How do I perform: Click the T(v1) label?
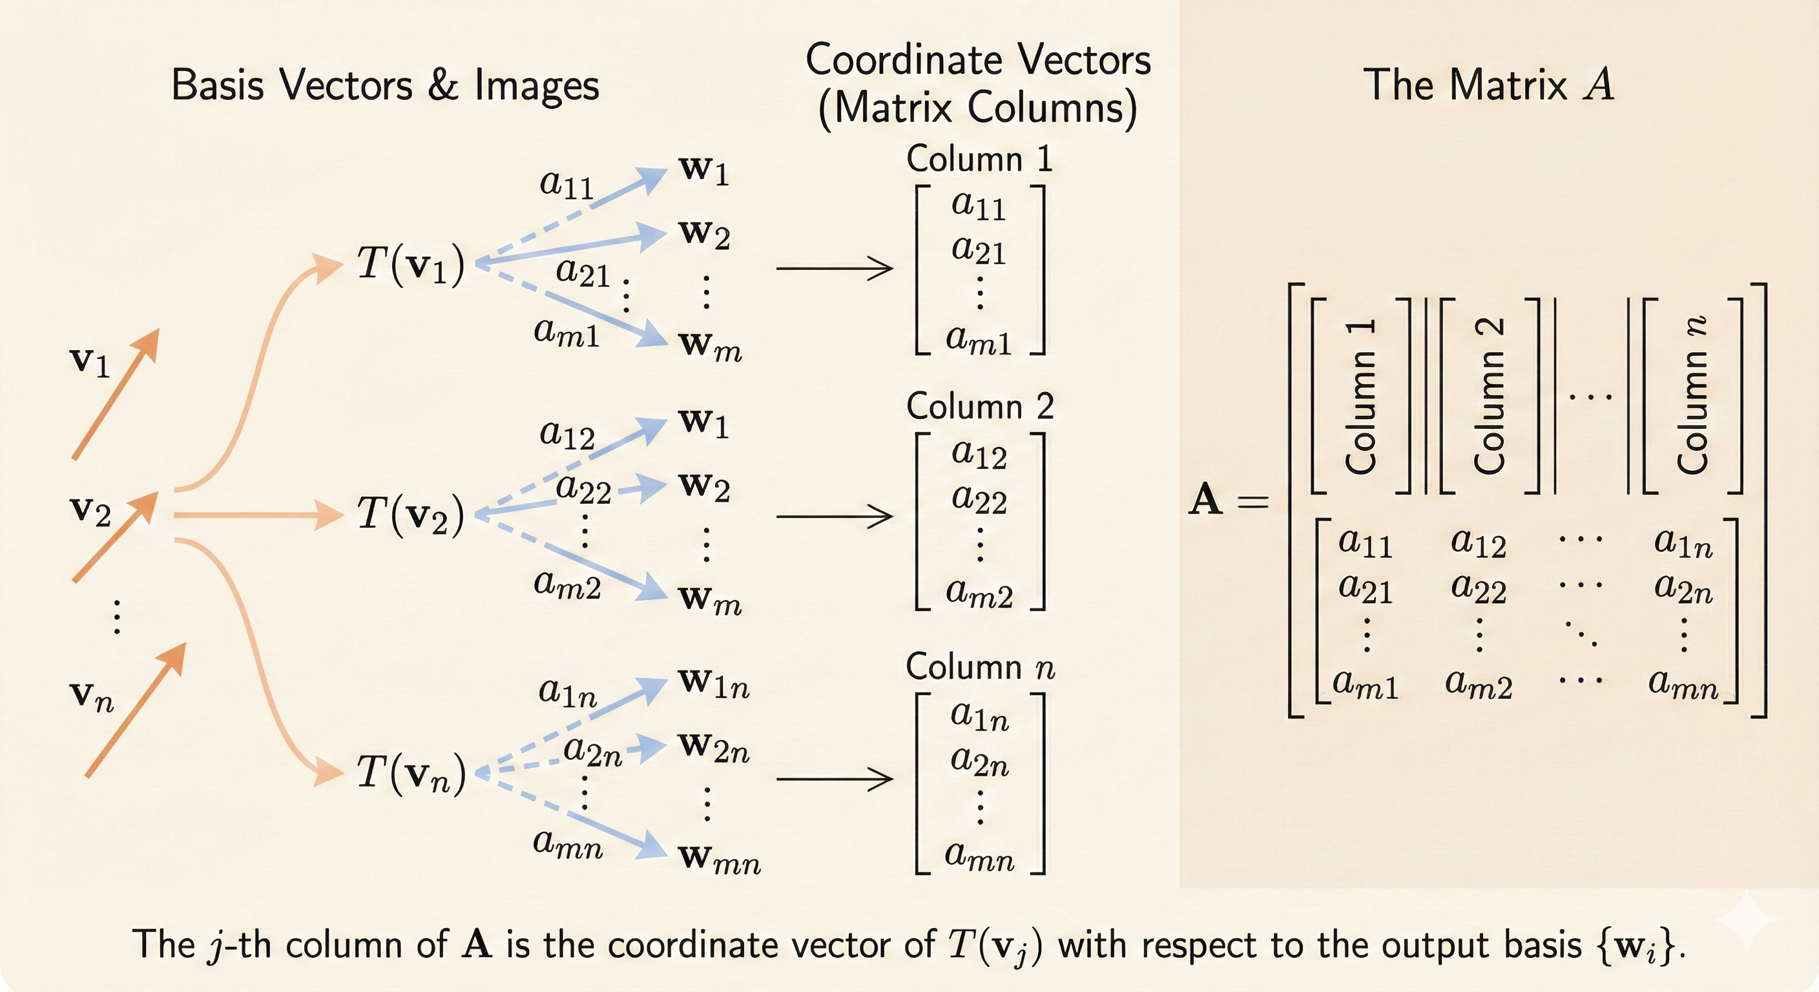click(410, 265)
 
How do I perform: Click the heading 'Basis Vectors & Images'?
click(385, 85)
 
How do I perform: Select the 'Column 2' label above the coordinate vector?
click(979, 407)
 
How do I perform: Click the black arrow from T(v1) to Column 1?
click(835, 268)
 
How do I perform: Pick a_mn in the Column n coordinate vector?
click(979, 856)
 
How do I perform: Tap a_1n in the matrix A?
click(1683, 542)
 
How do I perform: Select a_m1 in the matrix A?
click(1365, 683)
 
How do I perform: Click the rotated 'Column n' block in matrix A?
click(1692, 395)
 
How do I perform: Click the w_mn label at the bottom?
click(719, 858)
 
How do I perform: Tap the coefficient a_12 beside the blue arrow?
click(567, 434)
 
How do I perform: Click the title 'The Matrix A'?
click(1488, 85)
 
